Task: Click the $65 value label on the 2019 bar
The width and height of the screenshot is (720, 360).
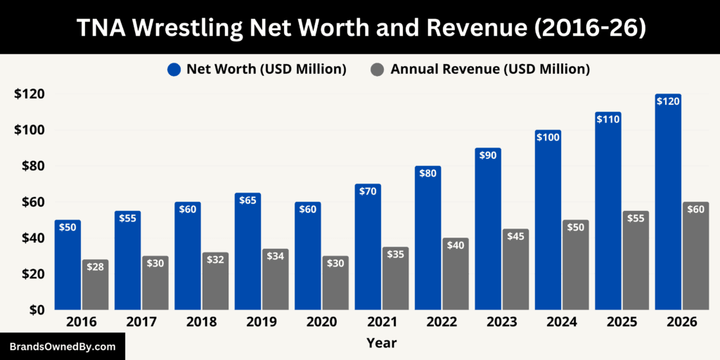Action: (247, 200)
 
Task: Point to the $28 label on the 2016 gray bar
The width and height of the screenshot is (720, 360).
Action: (95, 267)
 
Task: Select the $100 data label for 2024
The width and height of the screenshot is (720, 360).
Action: (548, 138)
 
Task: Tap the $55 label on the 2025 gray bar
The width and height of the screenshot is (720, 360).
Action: (636, 219)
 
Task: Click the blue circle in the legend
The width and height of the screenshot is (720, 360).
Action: (174, 69)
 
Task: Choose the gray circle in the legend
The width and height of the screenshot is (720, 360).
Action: (378, 69)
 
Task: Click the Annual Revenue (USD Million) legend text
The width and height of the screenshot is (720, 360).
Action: (490, 69)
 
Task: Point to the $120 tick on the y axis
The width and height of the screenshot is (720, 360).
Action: (29, 94)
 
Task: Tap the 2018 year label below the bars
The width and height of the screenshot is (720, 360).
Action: (201, 322)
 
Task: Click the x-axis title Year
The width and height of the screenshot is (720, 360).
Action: (381, 343)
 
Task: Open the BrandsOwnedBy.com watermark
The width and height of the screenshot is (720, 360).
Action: (63, 347)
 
